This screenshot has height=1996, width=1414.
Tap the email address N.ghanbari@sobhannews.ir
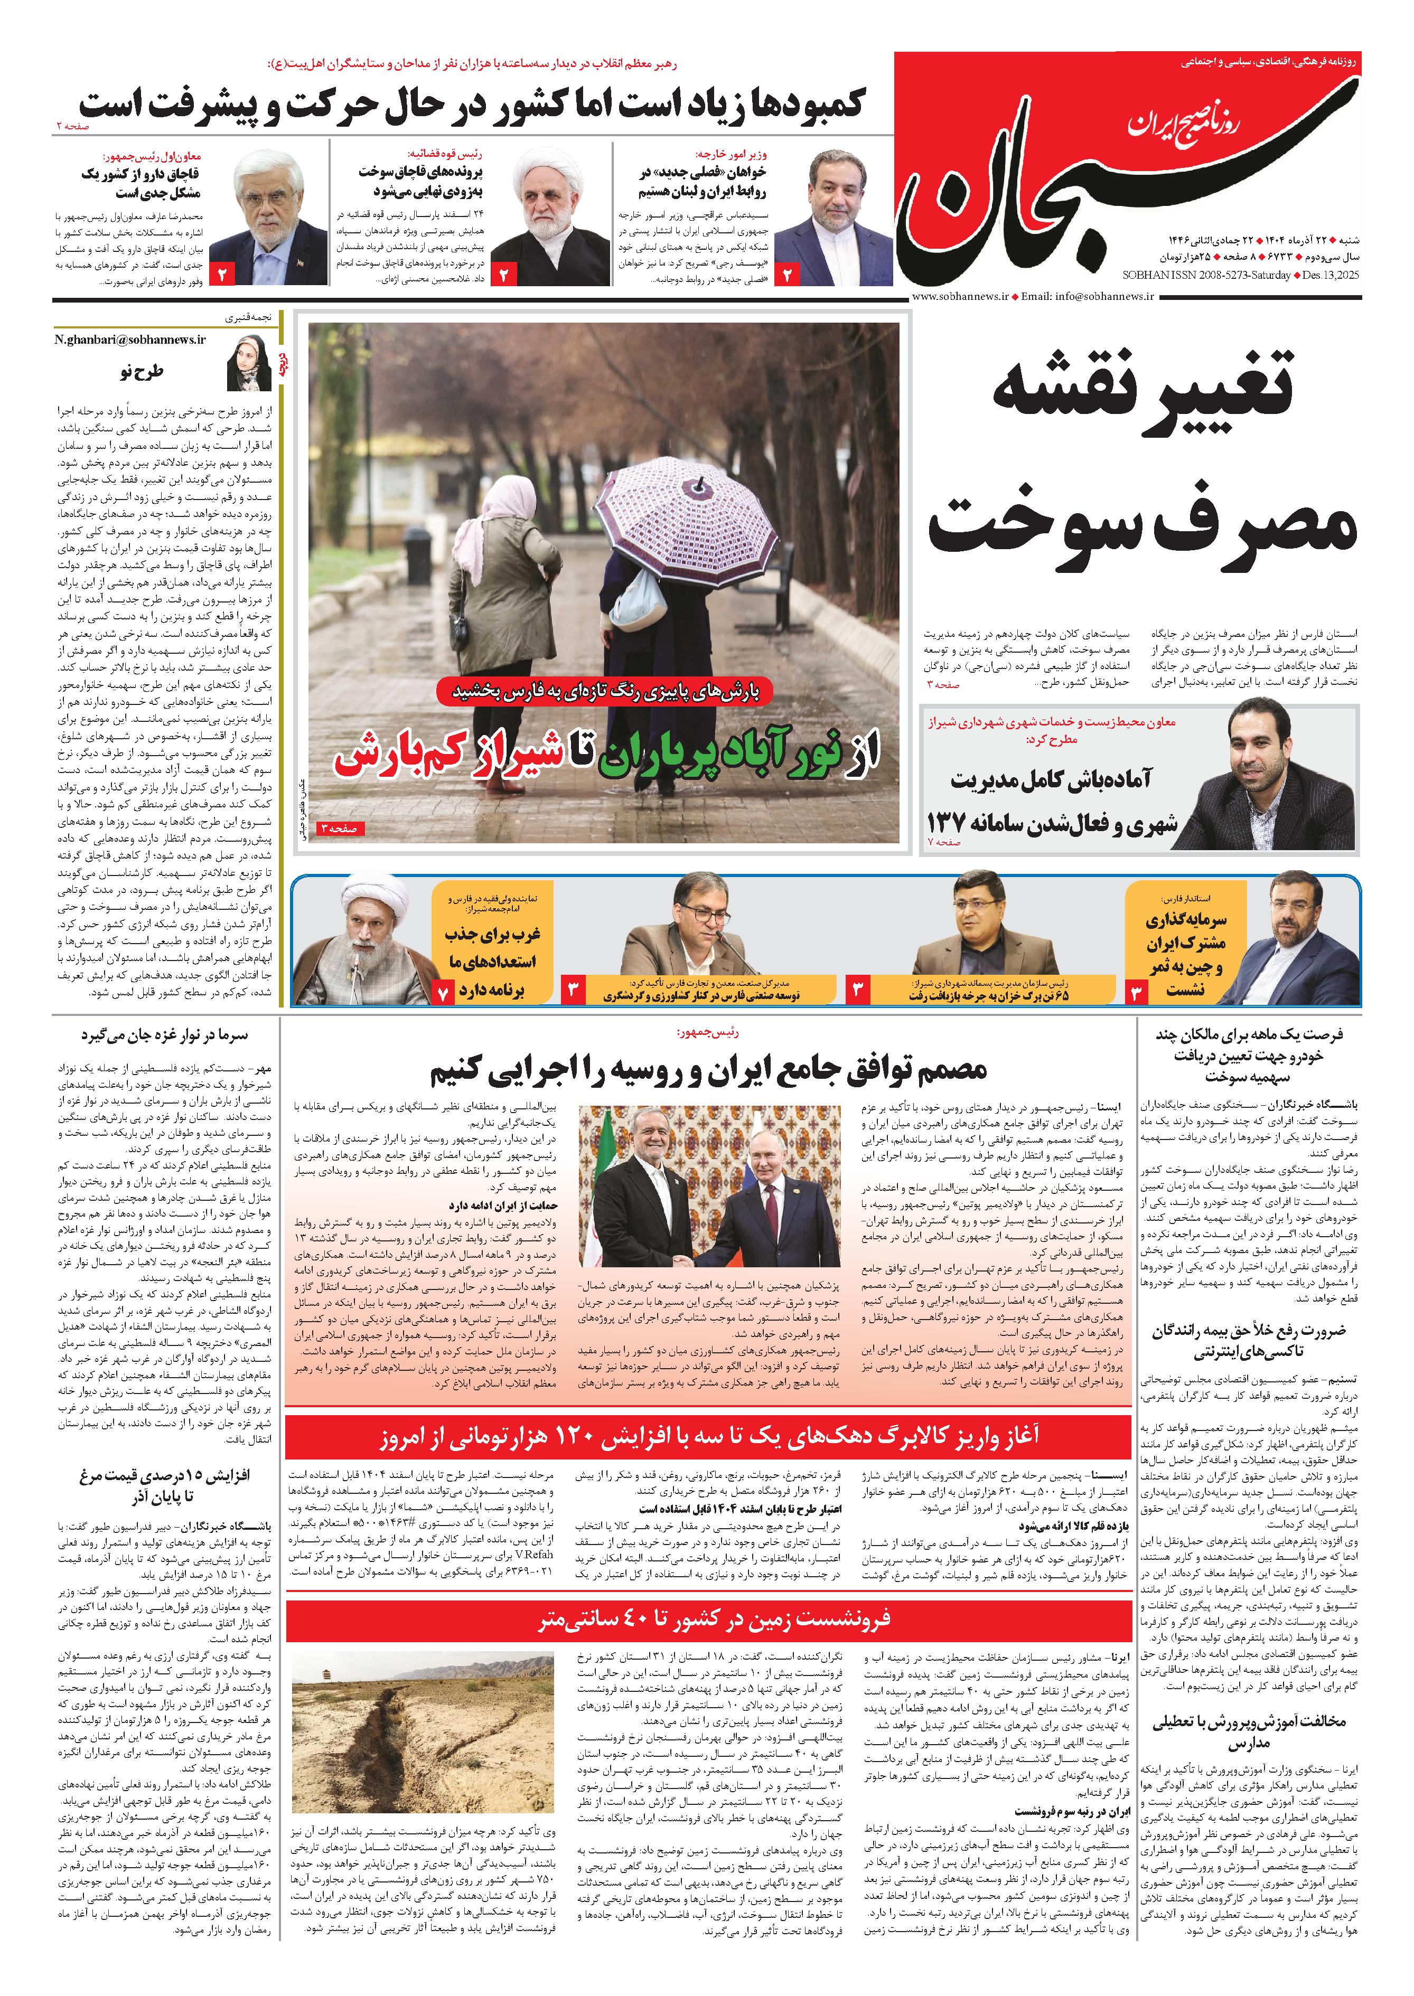pyautogui.click(x=130, y=340)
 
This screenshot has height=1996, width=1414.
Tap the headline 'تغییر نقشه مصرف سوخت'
pyautogui.click(x=1140, y=462)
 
